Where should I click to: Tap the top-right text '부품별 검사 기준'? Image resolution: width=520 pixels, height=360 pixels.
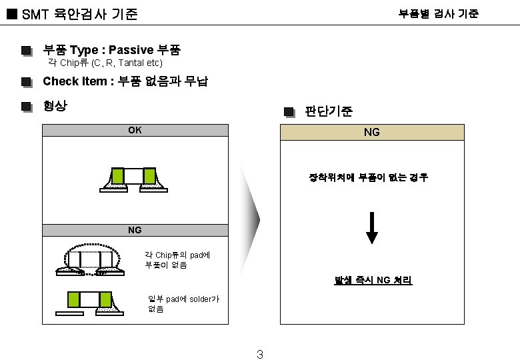[438, 13]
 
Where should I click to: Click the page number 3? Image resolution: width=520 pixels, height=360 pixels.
[259, 354]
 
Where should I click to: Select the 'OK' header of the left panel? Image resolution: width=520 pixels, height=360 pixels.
[135, 130]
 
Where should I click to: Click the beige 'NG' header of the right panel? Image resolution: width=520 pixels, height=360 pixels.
[371, 132]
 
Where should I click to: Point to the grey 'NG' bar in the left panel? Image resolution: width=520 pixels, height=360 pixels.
[135, 230]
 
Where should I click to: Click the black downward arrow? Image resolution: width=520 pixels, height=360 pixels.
[372, 228]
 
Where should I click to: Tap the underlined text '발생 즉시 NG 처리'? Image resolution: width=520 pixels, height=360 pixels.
[373, 281]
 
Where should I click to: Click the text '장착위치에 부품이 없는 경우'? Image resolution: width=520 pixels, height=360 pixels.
[368, 177]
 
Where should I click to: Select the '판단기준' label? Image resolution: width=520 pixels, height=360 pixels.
[329, 111]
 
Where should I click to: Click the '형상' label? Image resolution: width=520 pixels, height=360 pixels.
[55, 105]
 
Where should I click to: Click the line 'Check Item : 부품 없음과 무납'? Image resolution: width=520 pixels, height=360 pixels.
[125, 81]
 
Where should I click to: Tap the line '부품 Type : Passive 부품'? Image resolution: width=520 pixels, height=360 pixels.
[111, 49]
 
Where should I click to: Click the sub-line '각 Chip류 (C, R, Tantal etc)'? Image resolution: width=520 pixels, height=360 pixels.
[105, 63]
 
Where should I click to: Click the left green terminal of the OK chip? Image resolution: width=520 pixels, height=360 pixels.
[118, 175]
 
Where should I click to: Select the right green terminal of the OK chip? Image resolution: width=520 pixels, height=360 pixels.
[149, 175]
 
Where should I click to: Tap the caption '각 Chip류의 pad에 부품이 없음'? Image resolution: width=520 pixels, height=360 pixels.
[177, 259]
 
